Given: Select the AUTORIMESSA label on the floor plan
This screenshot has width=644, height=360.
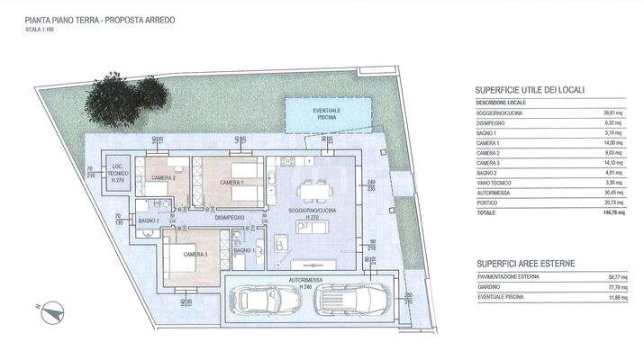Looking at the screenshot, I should click(x=305, y=280).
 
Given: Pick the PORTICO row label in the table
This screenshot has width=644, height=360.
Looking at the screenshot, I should click(x=491, y=203).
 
